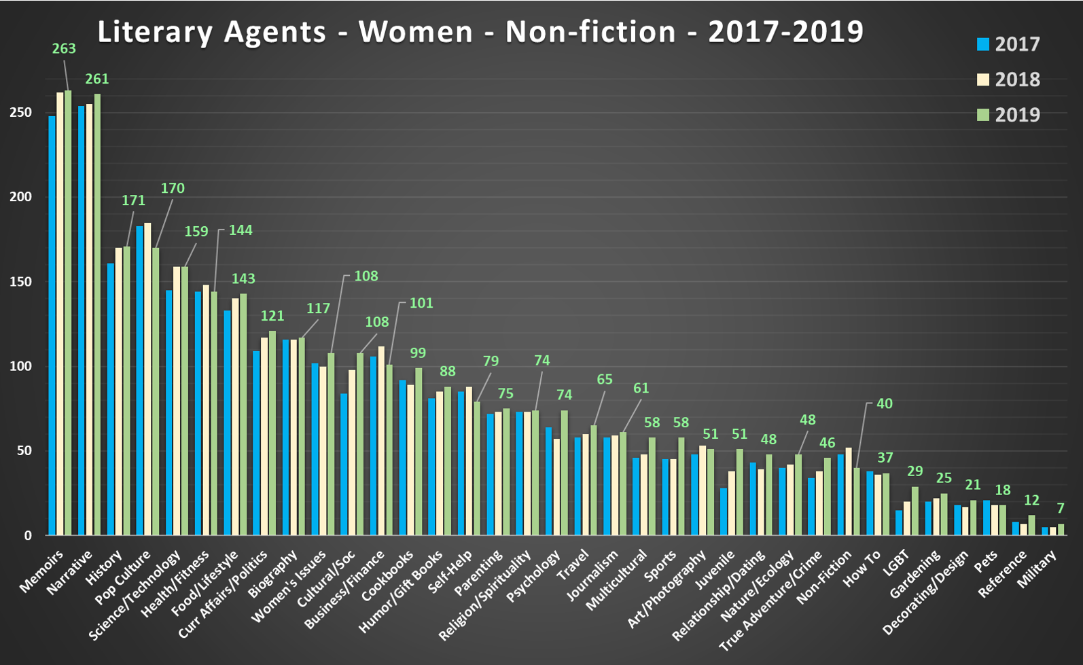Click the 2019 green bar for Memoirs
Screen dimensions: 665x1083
pos(68,312)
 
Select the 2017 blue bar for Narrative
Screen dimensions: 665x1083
pos(82,320)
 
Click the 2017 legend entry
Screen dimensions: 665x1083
pos(1008,45)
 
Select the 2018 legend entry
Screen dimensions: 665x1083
pos(1008,80)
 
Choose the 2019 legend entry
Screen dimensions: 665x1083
pos(1008,115)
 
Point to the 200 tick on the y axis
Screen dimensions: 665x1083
pos(20,197)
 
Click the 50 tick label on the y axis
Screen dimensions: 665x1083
pos(24,451)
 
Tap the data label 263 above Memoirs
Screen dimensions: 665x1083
pos(64,49)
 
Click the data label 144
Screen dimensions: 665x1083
pos(241,230)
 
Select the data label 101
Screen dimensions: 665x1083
pos(421,303)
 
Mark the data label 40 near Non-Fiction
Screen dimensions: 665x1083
pos(884,403)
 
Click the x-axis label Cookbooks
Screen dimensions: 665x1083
pos(387,575)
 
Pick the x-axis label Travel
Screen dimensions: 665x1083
pos(573,565)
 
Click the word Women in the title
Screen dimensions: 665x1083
pos(416,32)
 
